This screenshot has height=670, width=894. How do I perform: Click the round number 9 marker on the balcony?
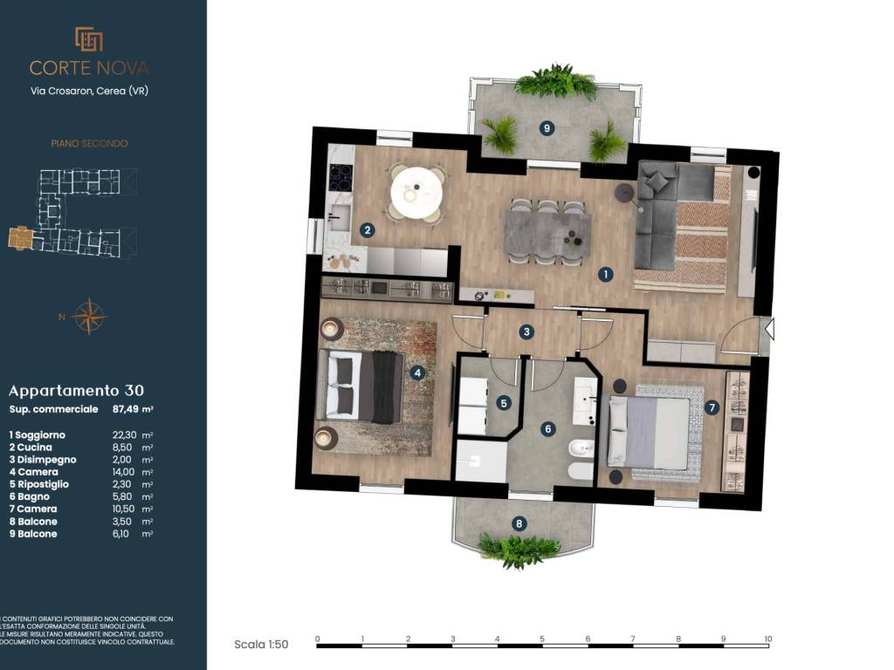point(547,128)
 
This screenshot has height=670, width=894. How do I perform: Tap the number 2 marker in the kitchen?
point(368,230)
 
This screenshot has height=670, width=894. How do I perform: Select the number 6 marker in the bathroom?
point(548,429)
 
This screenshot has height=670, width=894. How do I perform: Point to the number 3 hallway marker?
point(526,332)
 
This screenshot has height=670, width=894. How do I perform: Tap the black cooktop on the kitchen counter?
point(342,178)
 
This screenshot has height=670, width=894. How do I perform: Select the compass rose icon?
point(89,316)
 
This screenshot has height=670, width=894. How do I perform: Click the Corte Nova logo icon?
point(89,39)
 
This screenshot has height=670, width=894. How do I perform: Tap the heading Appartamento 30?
point(77,391)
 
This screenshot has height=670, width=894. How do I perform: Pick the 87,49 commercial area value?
point(133,409)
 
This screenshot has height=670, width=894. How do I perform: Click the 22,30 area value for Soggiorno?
point(124,434)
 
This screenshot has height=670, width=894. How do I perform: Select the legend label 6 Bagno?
point(29,496)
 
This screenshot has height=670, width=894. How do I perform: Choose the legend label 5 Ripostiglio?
point(38,484)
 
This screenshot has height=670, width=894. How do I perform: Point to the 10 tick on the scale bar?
point(768,639)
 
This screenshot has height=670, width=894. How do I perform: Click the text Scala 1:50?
point(261,645)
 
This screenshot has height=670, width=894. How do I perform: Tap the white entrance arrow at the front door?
point(769,329)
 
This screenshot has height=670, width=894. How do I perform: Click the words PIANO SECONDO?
point(90,144)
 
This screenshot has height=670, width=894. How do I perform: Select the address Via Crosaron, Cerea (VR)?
point(90,91)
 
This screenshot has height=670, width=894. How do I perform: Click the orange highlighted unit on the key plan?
point(21,237)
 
